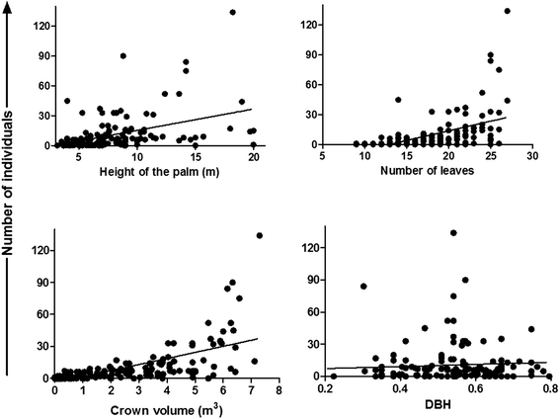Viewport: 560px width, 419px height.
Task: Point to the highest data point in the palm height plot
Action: tap(233, 12)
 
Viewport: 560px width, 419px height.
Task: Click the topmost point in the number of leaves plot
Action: tap(508, 12)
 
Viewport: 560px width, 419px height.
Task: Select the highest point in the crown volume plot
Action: tap(260, 235)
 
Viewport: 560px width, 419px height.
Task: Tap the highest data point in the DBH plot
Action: tap(453, 233)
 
